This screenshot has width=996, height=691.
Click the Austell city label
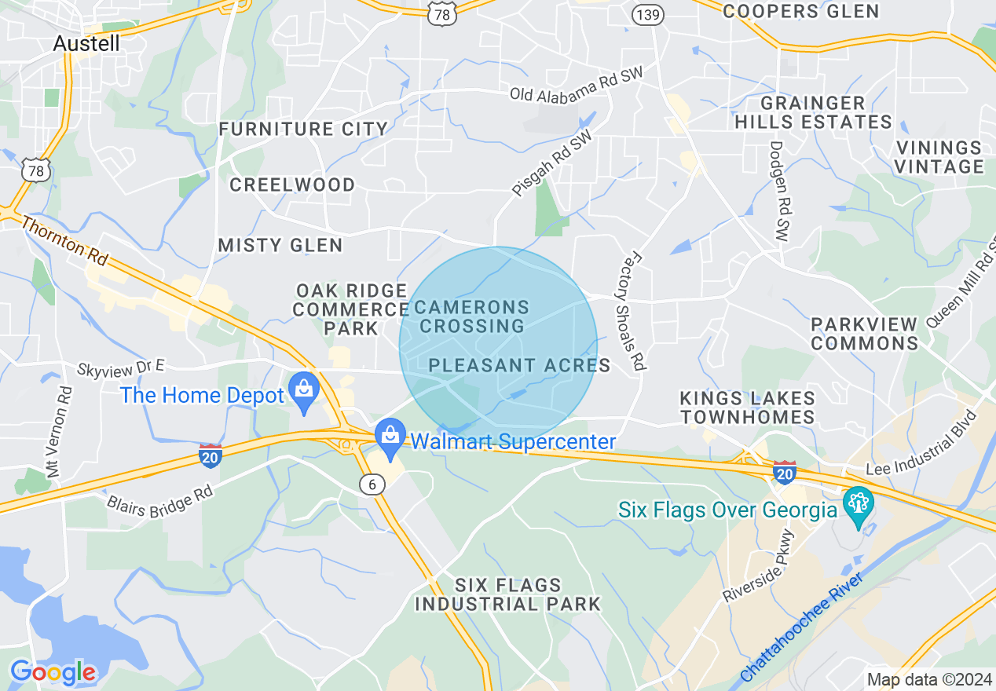click(x=86, y=43)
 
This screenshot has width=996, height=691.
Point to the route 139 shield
click(x=647, y=14)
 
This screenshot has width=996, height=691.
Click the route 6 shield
click(x=372, y=484)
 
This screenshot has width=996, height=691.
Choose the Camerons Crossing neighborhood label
click(x=471, y=316)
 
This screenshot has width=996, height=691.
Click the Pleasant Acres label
click(x=519, y=365)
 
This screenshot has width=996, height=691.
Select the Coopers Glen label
click(x=800, y=11)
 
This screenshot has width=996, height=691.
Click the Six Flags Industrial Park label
click(x=507, y=594)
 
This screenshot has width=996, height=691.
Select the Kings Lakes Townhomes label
click(x=748, y=408)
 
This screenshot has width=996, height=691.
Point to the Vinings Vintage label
click(x=939, y=157)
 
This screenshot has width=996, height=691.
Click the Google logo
click(x=53, y=672)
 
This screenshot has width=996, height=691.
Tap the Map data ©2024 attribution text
click(x=928, y=679)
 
